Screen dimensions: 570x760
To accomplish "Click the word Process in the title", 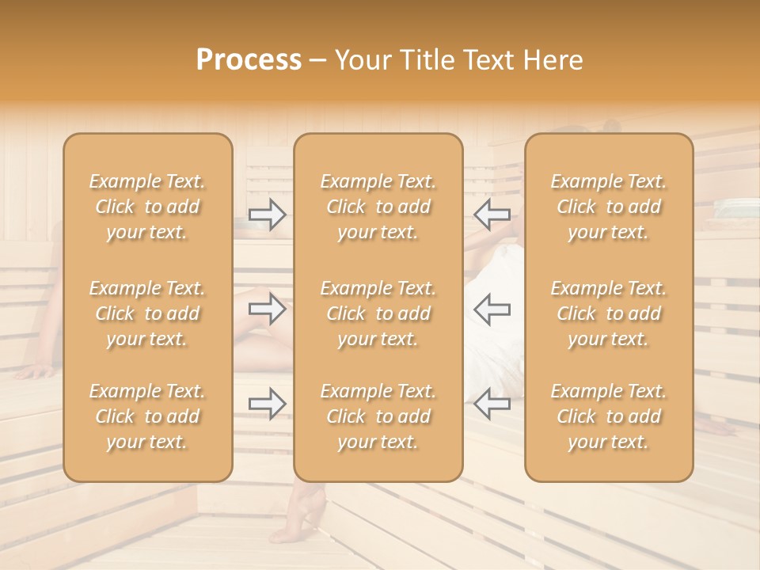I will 249,60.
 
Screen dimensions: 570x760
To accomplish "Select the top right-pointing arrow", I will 267,215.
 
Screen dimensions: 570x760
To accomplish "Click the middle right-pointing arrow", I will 267,310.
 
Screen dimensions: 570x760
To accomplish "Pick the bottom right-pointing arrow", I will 267,404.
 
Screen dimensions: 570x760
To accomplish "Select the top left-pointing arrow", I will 492,215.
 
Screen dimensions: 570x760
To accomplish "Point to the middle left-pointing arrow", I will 492,310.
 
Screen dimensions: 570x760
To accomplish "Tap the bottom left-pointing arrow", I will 492,404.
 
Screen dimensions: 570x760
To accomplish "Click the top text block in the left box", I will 147,207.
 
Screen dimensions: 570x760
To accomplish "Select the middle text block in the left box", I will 147,313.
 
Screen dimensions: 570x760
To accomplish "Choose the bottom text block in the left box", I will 147,416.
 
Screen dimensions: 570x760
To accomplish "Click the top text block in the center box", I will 378,207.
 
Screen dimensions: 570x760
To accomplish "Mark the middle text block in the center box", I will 378,313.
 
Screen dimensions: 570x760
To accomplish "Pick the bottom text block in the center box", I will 378,416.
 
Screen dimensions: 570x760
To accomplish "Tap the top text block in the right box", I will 608,207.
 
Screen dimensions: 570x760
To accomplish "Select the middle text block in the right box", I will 608,313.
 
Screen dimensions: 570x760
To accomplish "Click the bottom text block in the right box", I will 608,416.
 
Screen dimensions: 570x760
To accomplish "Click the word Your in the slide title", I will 365,60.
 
